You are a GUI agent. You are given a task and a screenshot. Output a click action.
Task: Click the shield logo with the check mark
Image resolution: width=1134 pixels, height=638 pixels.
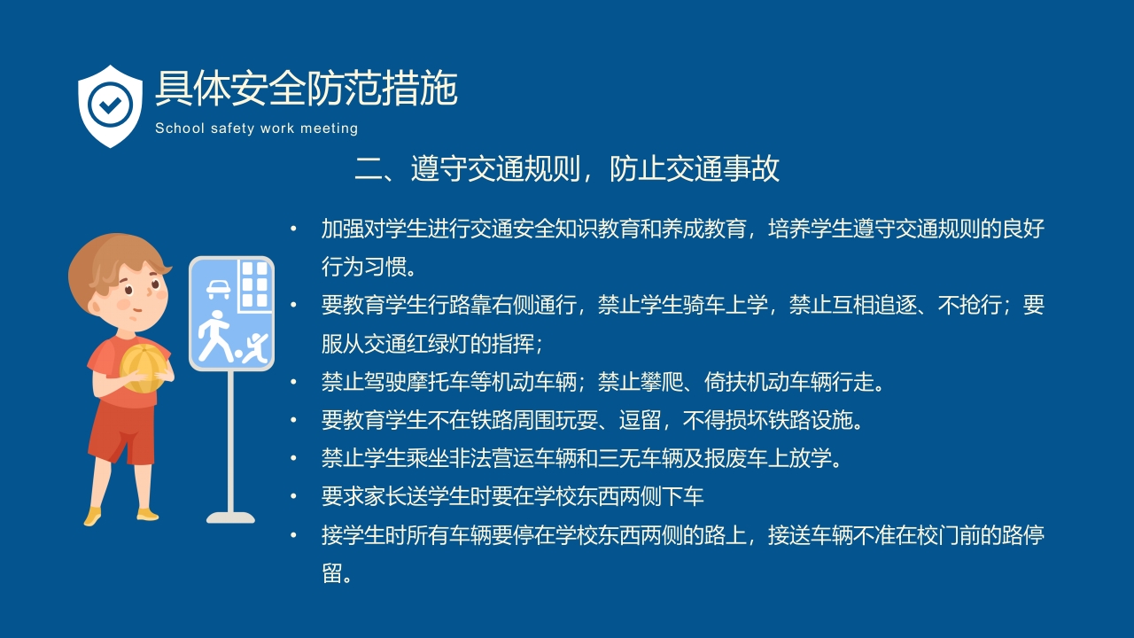110,105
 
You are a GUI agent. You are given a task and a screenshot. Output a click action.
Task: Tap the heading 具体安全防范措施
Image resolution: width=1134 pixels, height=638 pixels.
306,89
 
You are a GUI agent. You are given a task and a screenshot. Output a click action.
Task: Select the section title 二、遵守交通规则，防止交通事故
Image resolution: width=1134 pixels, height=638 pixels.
567,168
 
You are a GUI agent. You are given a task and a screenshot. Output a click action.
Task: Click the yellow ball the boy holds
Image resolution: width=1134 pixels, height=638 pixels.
141,367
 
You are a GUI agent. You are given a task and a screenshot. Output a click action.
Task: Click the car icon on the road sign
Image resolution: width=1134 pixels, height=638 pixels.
217,288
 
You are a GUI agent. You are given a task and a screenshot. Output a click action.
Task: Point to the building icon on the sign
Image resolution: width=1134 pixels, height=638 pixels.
254,284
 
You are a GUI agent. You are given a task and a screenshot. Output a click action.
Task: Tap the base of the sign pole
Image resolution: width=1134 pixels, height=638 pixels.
230,517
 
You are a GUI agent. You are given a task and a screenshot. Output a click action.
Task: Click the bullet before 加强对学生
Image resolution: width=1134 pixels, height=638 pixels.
294,230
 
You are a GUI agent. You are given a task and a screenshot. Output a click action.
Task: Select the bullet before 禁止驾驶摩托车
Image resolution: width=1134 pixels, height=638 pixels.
294,383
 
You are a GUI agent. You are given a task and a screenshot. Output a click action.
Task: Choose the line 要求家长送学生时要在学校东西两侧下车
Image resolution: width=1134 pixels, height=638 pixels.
512,496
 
